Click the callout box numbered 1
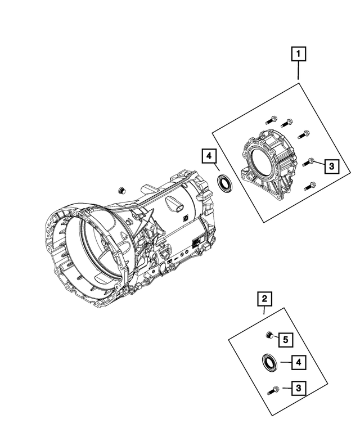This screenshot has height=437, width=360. click(298, 55)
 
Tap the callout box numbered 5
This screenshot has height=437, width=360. click(285, 339)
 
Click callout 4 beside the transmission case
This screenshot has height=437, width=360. click(208, 156)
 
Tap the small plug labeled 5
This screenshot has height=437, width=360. click(269, 336)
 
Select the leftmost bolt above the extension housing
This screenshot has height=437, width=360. click(269, 119)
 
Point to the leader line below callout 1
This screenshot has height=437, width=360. click(298, 71)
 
